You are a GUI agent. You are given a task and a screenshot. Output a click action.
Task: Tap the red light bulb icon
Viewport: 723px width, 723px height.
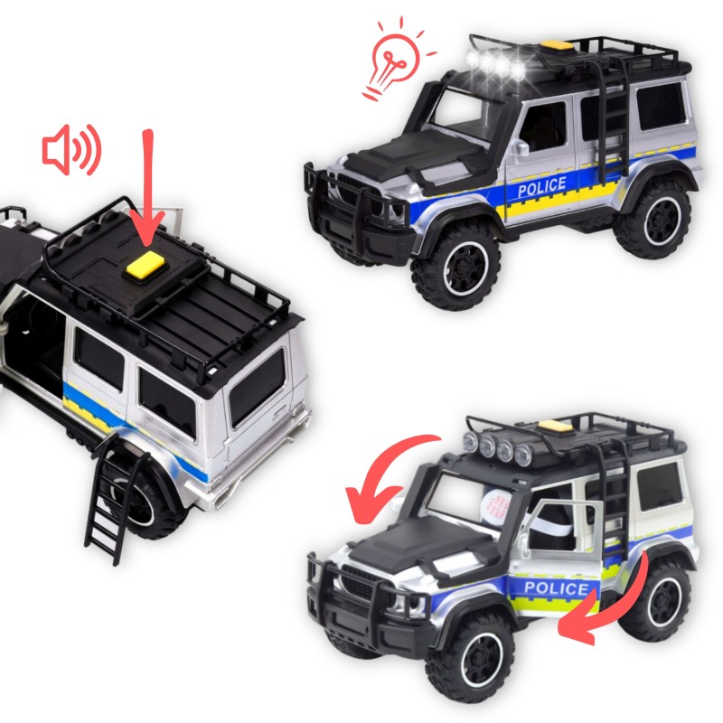tap(396, 56)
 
